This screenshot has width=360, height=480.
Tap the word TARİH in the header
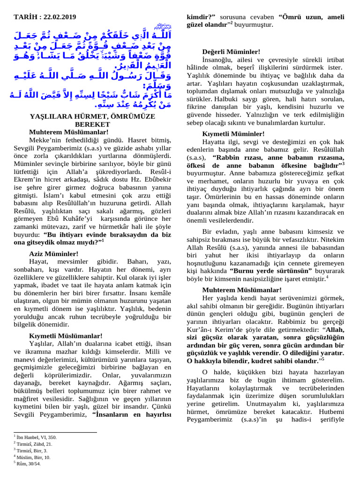click(25, 17)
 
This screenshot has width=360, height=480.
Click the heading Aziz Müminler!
click(53, 254)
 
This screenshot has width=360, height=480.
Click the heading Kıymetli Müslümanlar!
click(66, 336)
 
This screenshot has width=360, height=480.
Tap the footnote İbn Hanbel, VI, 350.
click(36, 437)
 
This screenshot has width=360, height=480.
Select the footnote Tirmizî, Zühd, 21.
click(34, 444)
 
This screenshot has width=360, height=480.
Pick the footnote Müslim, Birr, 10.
click(33, 457)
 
